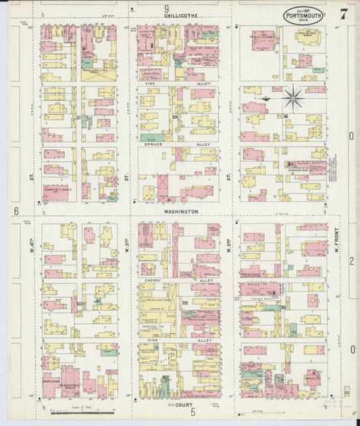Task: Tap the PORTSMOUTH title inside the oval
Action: coord(303,13)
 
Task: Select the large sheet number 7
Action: coord(343,14)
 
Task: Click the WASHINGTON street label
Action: coord(180,211)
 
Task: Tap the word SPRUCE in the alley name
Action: coord(160,144)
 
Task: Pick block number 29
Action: coord(174,118)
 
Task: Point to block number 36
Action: coord(286,117)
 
